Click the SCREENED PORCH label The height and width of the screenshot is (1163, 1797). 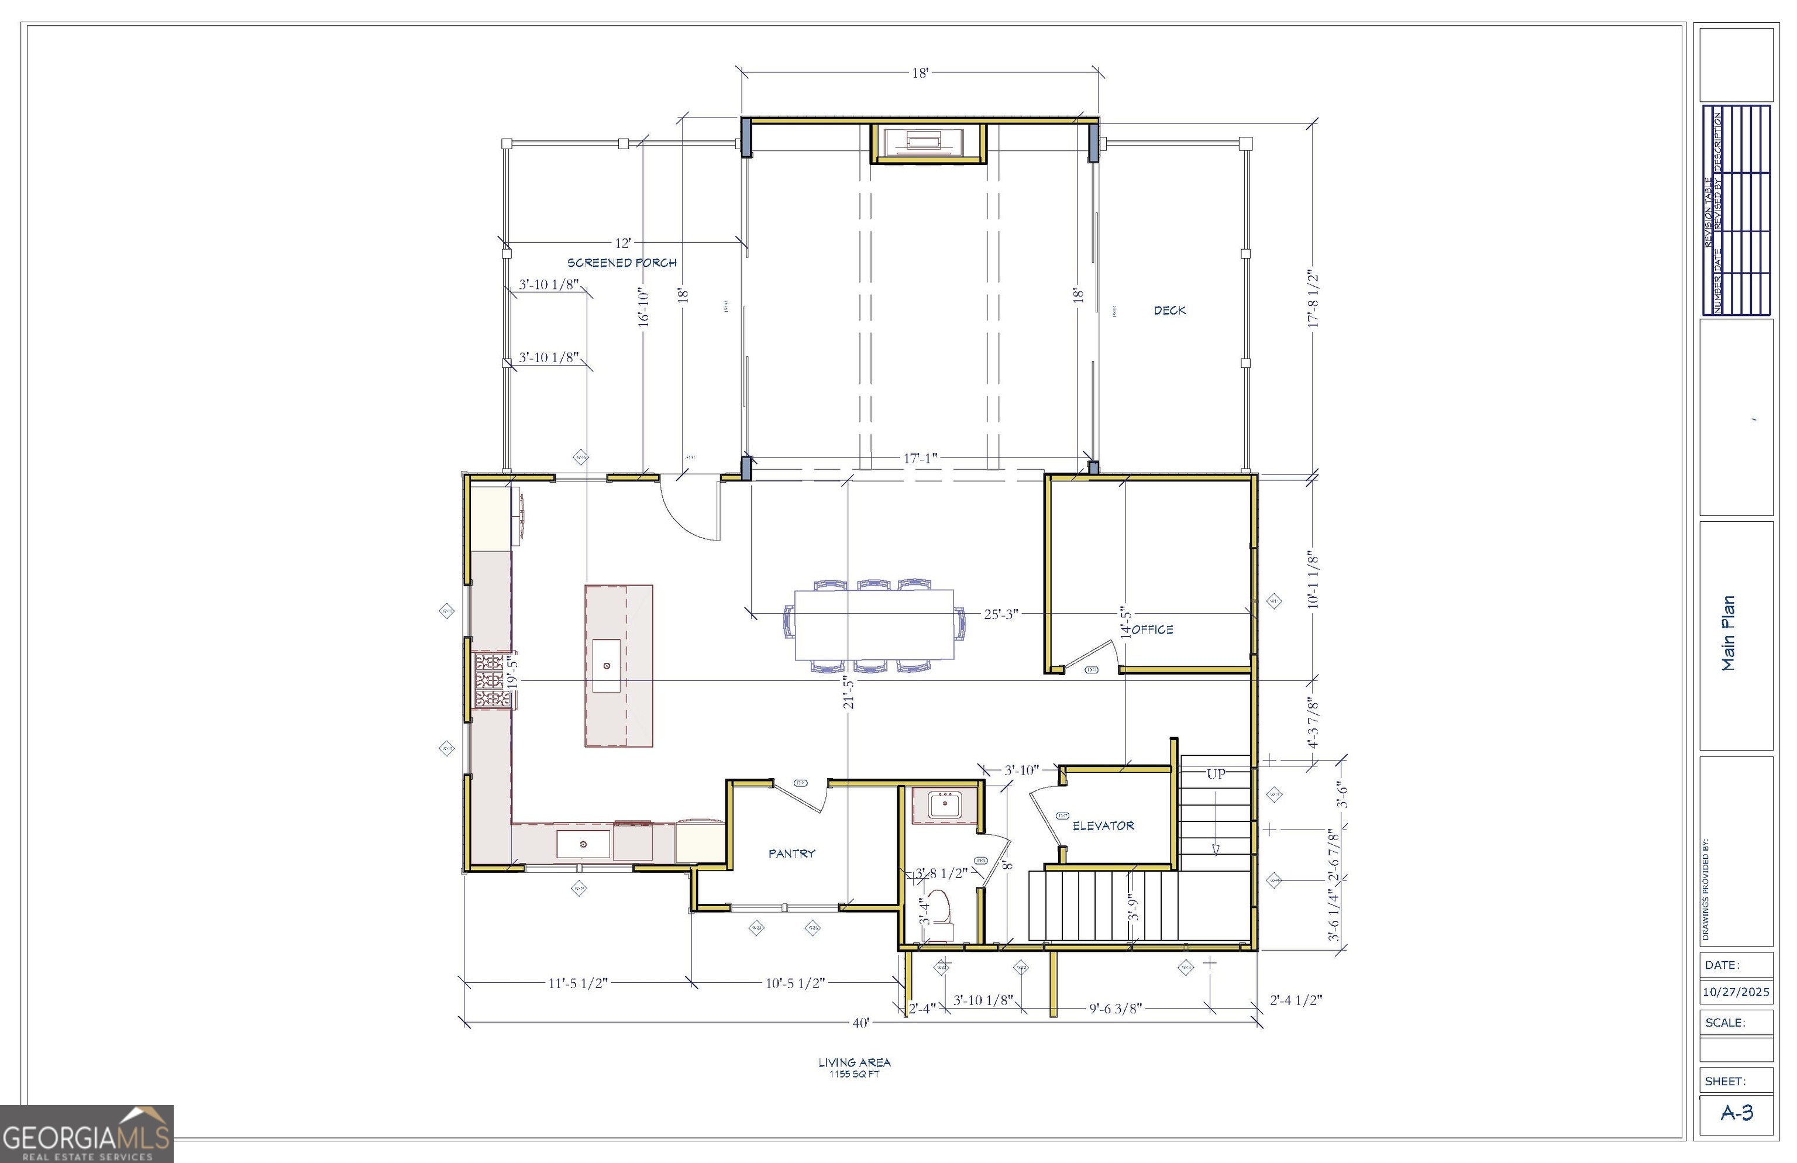point(621,263)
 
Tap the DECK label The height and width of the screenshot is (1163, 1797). point(1169,311)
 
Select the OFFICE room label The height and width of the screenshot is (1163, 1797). point(1152,630)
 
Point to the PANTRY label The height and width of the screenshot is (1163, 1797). point(791,854)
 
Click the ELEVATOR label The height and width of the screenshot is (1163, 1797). point(1103,826)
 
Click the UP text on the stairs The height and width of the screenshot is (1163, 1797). point(1216,774)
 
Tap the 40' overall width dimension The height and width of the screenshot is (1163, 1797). point(860,1023)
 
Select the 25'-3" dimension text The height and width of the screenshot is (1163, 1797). point(1000,614)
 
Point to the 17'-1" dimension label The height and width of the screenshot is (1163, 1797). point(920,459)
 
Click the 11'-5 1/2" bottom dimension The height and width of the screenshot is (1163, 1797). point(577,983)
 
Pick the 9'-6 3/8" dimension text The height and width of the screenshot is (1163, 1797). point(1115,1008)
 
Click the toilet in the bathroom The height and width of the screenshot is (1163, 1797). point(938,909)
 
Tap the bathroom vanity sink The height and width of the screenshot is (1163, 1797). point(944,806)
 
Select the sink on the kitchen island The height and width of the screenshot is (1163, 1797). point(606,665)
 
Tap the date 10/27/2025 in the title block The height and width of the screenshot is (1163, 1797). point(1736,992)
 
